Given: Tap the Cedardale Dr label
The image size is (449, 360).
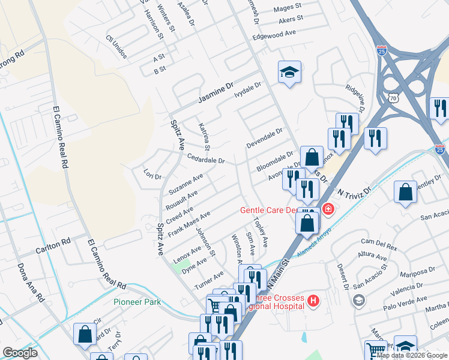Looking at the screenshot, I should pos(205,160).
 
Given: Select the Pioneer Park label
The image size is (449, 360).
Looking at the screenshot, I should pos(137,302).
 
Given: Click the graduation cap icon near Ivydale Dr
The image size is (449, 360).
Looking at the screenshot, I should pos(289,73).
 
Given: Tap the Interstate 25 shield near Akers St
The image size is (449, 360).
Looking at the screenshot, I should pos(382,50).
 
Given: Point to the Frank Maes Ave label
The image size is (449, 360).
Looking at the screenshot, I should pos(188,223).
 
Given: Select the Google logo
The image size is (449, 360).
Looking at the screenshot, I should pos(20,353).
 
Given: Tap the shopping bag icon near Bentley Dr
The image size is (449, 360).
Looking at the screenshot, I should pos(405,193).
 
